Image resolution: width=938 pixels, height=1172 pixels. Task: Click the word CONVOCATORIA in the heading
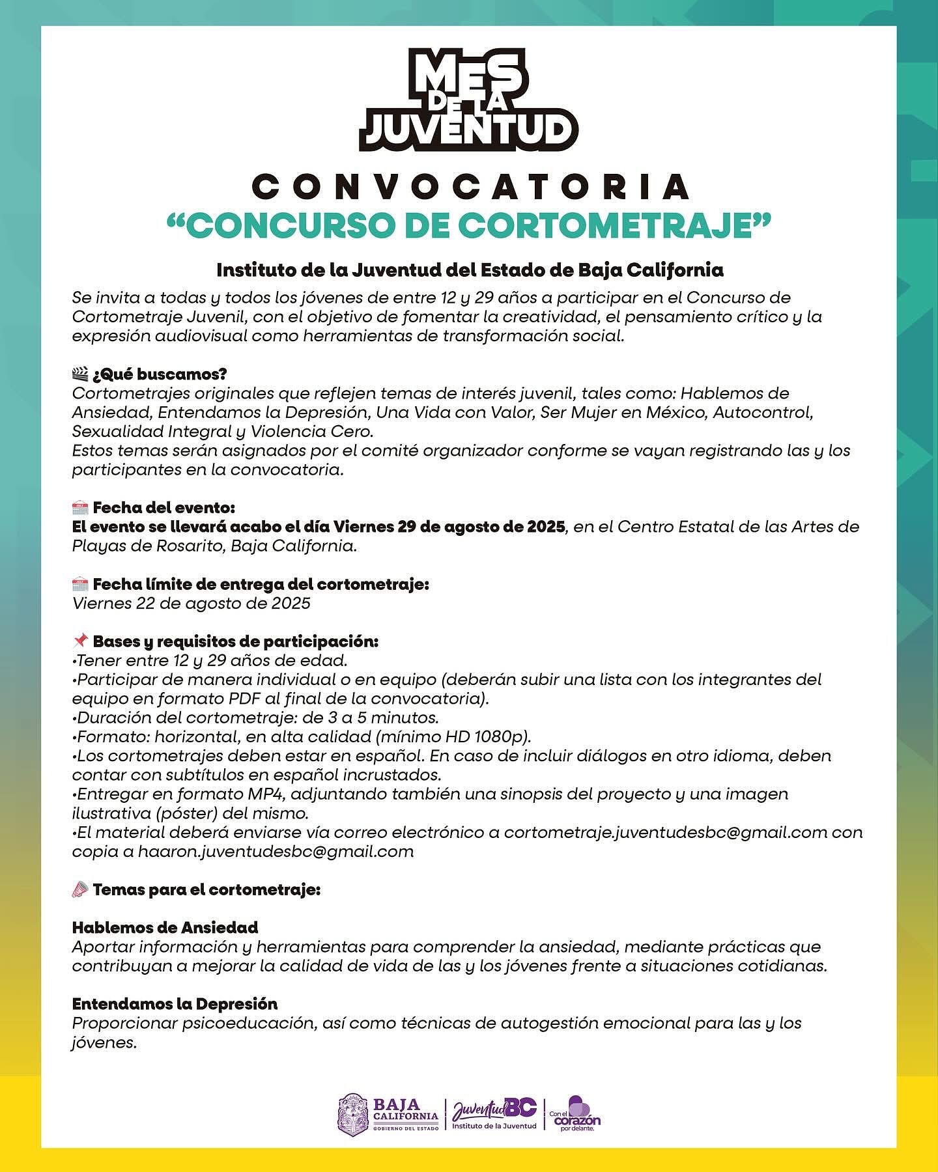coord(470,188)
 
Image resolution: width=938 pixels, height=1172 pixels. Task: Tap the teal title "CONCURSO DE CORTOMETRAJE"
coord(469,225)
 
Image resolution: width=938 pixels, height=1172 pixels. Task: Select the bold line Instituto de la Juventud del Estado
coord(469,270)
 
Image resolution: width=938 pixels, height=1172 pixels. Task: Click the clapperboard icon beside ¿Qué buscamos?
coord(80,374)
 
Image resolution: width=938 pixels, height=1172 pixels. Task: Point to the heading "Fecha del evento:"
coord(163,507)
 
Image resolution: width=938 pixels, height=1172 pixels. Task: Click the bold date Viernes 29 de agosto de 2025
coord(449,526)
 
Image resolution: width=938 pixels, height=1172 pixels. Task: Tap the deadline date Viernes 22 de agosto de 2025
coord(191,603)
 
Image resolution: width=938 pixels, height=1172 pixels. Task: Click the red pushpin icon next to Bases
coord(80,641)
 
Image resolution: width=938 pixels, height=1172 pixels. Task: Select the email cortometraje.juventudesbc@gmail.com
coord(665,832)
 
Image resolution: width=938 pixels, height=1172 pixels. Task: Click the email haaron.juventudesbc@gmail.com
coord(276,851)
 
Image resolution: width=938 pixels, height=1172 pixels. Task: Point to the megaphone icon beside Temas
coord(80,889)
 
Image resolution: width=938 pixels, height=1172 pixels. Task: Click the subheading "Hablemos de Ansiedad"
coord(165,927)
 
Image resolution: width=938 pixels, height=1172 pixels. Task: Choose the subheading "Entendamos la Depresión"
coord(175,1003)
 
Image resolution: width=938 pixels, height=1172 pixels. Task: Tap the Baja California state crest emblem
coord(352,1114)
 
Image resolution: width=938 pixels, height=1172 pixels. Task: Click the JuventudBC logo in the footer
coord(494,1113)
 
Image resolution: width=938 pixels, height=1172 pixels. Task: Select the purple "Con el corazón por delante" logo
coord(576,1114)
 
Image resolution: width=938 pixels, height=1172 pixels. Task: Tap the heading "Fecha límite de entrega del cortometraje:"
coord(261,584)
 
